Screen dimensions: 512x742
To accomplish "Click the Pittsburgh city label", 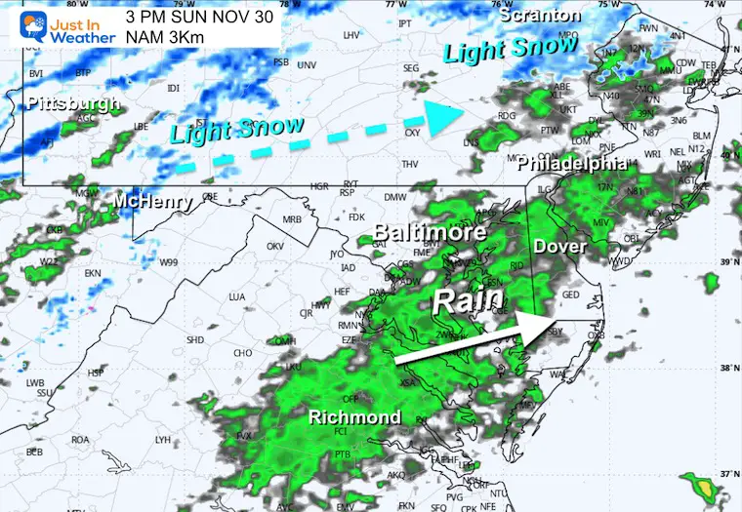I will tap(73, 103).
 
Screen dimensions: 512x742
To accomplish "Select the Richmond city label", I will tap(354, 417).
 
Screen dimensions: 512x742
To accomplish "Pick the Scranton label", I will tap(539, 16).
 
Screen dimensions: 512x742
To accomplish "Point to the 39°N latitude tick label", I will tap(725, 262).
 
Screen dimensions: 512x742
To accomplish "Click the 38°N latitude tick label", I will tap(725, 369).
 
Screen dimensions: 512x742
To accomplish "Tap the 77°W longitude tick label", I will tap(394, 5).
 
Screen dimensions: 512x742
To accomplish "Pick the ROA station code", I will tap(80, 439).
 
